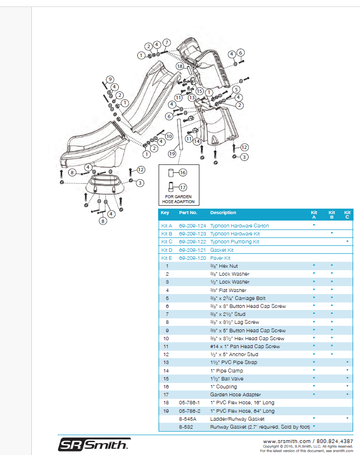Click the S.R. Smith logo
click(x=94, y=444)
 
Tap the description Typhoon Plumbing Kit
click(x=234, y=241)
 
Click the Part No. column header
click(x=188, y=213)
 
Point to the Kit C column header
click(x=347, y=215)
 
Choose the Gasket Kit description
click(x=221, y=250)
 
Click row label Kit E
click(x=167, y=258)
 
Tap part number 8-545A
click(x=187, y=419)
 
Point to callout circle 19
click(x=172, y=154)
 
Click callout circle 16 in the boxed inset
click(x=182, y=173)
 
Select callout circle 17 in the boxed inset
click(x=182, y=187)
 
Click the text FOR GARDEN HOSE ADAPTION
click(x=180, y=199)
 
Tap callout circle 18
click(x=180, y=66)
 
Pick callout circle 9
click(x=110, y=79)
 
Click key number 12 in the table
click(x=167, y=354)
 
